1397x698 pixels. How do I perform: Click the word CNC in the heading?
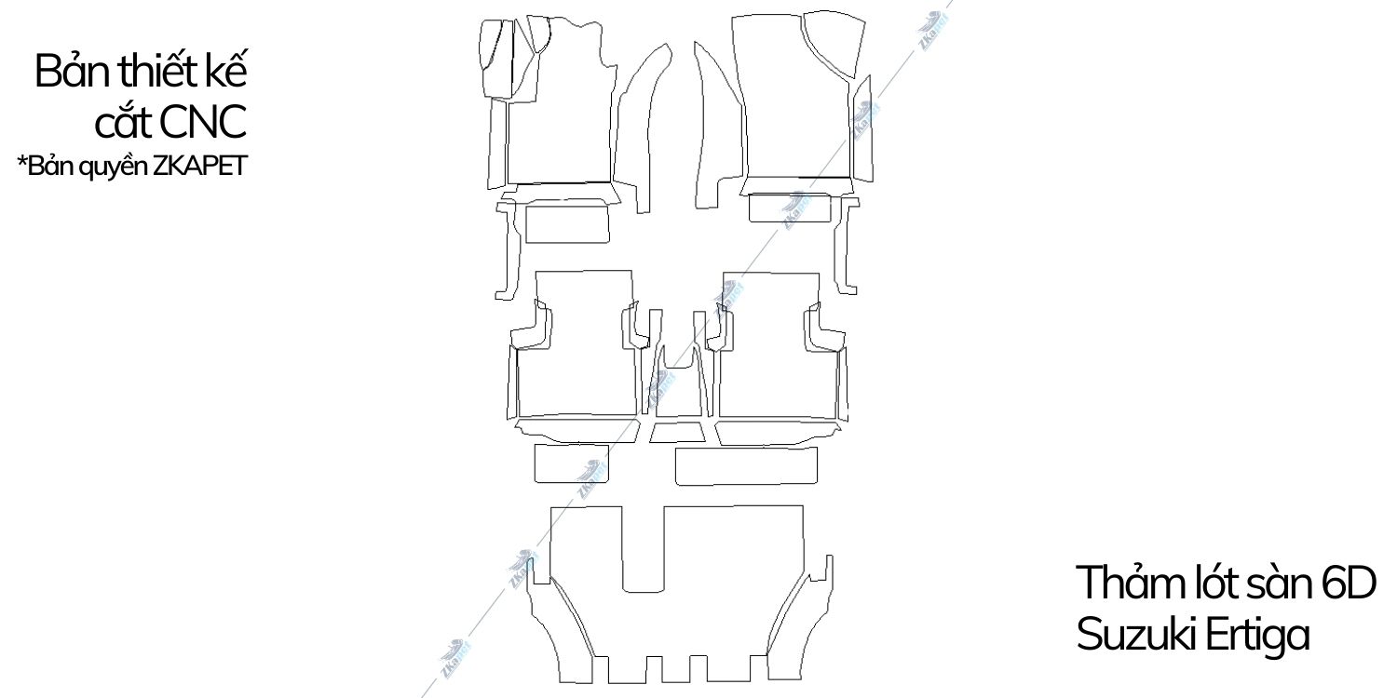tap(203, 121)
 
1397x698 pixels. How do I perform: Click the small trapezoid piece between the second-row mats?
tap(677, 432)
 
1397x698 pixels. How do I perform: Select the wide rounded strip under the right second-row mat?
tap(746, 465)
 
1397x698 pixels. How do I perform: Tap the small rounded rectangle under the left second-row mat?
tap(571, 463)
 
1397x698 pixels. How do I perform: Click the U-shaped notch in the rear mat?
tap(642, 558)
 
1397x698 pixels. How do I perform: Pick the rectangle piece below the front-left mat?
tap(568, 224)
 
